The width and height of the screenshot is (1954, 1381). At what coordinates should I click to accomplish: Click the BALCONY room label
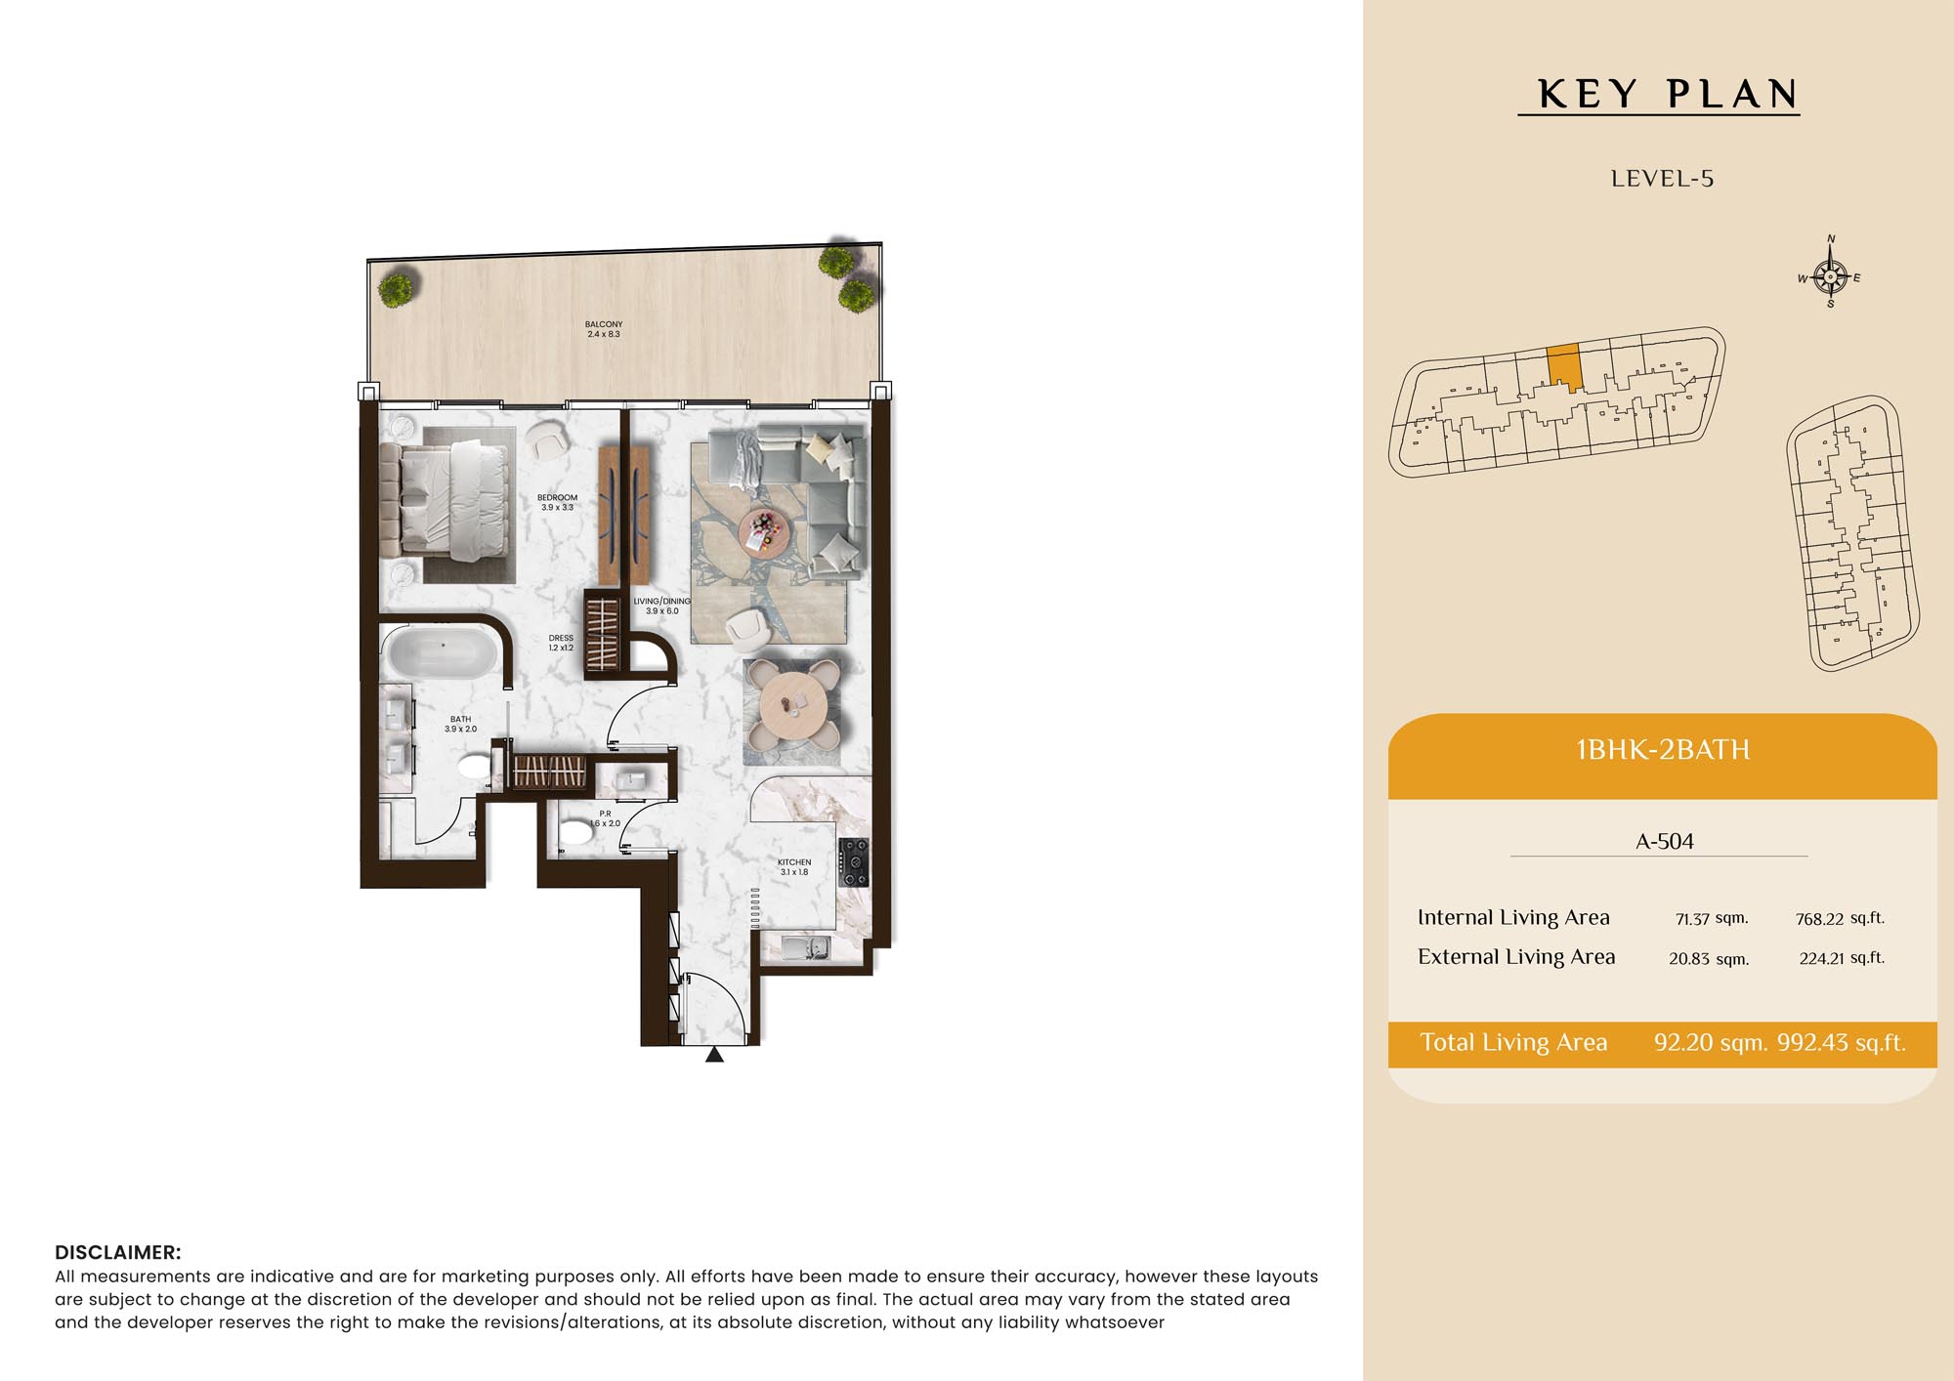pyautogui.click(x=604, y=324)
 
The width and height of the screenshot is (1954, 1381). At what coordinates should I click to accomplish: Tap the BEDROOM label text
pyautogui.click(x=557, y=497)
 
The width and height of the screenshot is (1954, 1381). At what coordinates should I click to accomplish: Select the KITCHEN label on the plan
pyautogui.click(x=794, y=862)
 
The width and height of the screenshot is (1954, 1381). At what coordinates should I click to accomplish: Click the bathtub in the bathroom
pyautogui.click(x=443, y=652)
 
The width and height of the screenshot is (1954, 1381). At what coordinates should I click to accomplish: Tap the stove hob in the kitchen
pyautogui.click(x=853, y=862)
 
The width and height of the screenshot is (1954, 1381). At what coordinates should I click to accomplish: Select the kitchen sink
pyautogui.click(x=806, y=947)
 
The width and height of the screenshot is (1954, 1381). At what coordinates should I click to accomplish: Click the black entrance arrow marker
pyautogui.click(x=715, y=1054)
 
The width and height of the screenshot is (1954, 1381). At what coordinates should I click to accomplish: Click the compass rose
pyautogui.click(x=1830, y=275)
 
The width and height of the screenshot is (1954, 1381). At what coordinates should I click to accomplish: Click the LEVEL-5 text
pyautogui.click(x=1662, y=179)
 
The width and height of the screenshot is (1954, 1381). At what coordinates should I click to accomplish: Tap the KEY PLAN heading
pyautogui.click(x=1668, y=94)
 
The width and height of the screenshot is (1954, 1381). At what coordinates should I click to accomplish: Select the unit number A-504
pyautogui.click(x=1665, y=841)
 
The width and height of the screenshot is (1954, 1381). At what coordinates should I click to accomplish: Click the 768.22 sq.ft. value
pyautogui.click(x=1840, y=918)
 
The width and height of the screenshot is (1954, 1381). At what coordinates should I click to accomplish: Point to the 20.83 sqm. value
pyautogui.click(x=1709, y=958)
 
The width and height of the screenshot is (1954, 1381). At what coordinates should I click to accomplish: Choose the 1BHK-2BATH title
pyautogui.click(x=1663, y=749)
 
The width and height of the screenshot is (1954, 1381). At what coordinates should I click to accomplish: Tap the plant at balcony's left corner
pyautogui.click(x=396, y=289)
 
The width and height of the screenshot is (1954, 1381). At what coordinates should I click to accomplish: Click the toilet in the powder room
pyautogui.click(x=573, y=834)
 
